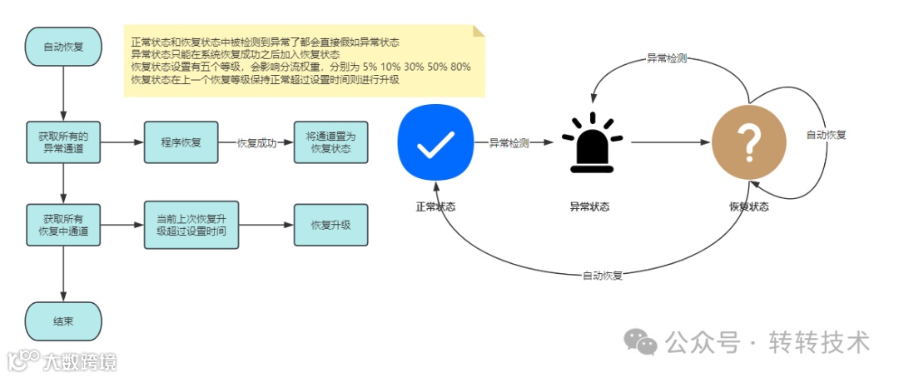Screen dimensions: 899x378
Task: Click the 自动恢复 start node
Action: [x=63, y=48]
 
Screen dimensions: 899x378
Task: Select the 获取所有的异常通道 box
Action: [x=63, y=142]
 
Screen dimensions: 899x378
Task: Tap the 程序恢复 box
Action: [x=181, y=142]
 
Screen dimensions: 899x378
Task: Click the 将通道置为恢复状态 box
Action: [x=330, y=142]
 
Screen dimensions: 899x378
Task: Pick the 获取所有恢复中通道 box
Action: [x=63, y=225]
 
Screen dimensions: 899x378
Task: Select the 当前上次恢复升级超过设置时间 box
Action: [x=181, y=225]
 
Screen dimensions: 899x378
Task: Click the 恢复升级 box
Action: [x=330, y=225]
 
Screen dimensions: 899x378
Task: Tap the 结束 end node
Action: [x=63, y=321]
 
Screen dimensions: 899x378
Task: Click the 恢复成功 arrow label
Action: [x=256, y=143]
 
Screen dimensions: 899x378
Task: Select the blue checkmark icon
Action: [x=435, y=142]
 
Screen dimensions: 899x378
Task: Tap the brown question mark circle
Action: [x=749, y=143]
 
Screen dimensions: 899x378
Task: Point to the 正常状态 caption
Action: [x=435, y=206]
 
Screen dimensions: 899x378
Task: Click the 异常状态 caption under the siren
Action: [x=589, y=206]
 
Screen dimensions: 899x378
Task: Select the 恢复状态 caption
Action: [x=749, y=206]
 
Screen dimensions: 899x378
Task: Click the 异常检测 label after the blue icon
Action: [x=509, y=143]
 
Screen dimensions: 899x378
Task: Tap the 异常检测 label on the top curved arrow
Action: [x=667, y=59]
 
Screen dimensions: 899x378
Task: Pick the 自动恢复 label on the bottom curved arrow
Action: [x=603, y=275]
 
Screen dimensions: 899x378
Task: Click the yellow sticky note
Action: [x=305, y=60]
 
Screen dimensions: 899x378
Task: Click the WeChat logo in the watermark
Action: [x=640, y=341]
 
